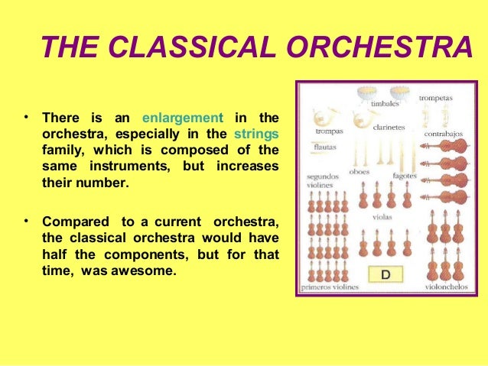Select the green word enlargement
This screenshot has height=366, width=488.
click(x=183, y=118)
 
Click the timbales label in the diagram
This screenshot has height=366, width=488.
click(x=385, y=102)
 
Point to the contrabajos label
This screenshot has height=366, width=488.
click(x=443, y=134)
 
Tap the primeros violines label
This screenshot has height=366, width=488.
click(x=330, y=287)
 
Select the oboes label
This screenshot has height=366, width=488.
click(x=359, y=172)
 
